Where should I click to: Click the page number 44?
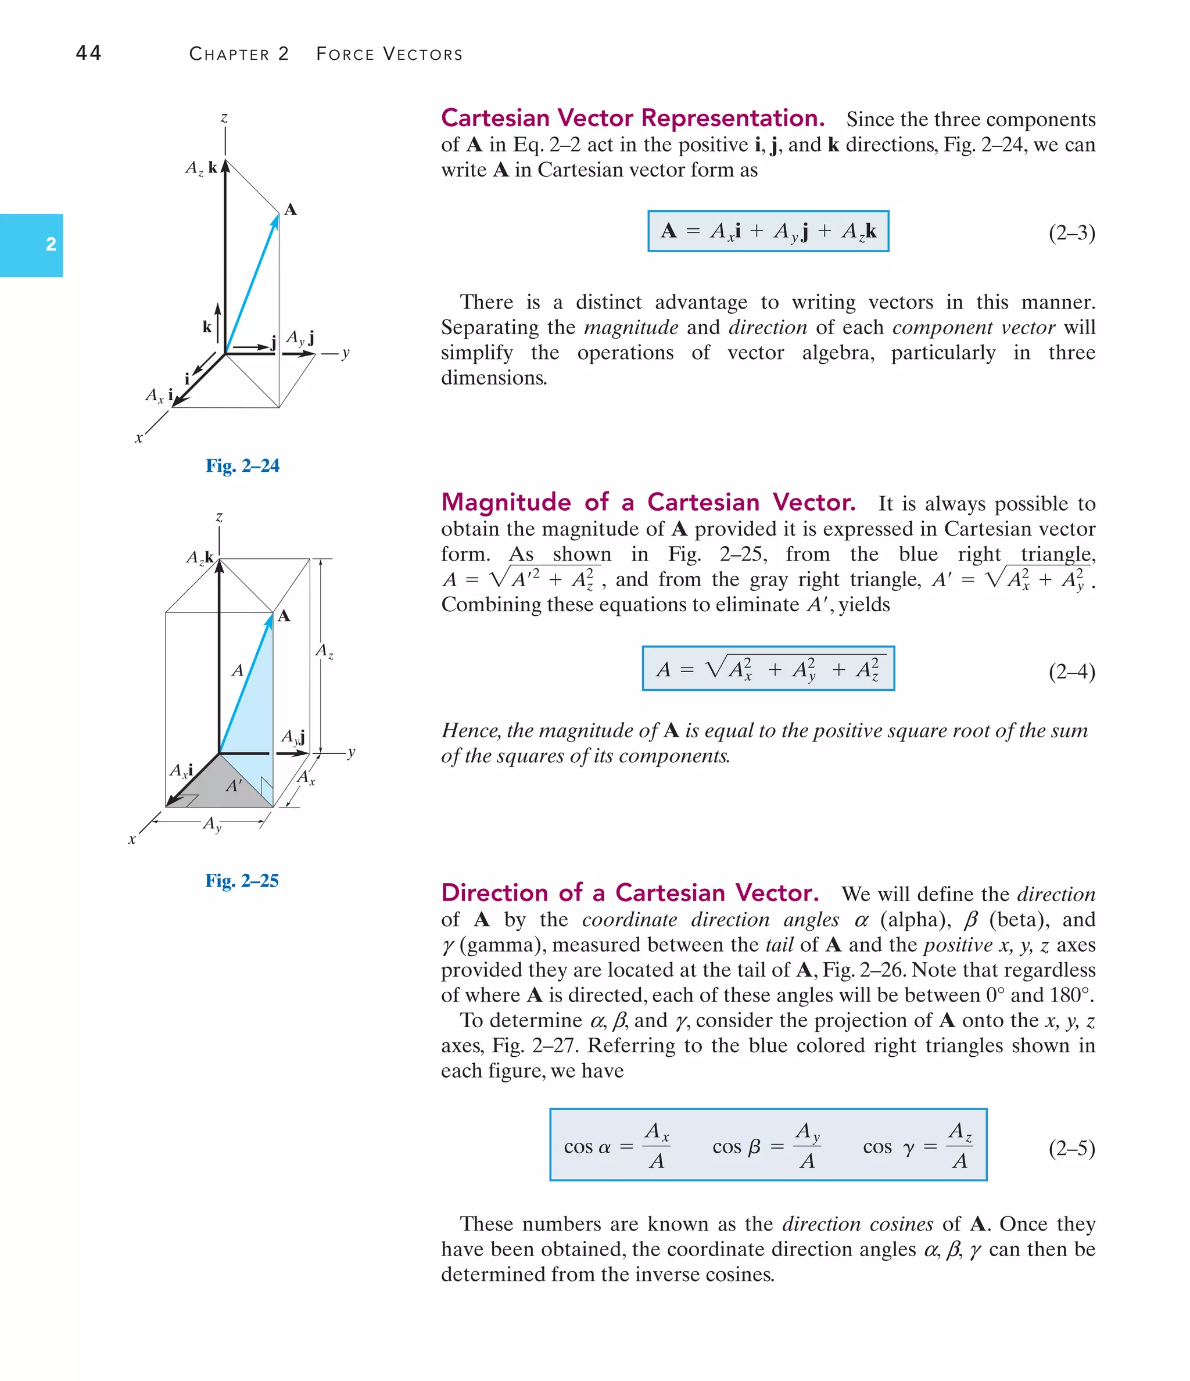pyautogui.click(x=89, y=53)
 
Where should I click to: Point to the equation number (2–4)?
pyautogui.click(x=1071, y=671)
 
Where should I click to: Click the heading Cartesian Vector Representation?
pyautogui.click(x=632, y=119)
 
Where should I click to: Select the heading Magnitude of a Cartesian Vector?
pyautogui.click(x=648, y=502)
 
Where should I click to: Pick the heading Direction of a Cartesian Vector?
pyautogui.click(x=629, y=892)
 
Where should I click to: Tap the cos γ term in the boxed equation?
pyautogui.click(x=917, y=1146)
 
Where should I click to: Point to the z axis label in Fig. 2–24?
pyautogui.click(x=224, y=119)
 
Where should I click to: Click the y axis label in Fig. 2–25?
pyautogui.click(x=352, y=752)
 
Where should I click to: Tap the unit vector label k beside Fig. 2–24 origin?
pyautogui.click(x=207, y=327)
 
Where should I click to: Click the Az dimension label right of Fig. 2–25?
pyautogui.click(x=324, y=651)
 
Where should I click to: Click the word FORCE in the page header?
pyautogui.click(x=345, y=54)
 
